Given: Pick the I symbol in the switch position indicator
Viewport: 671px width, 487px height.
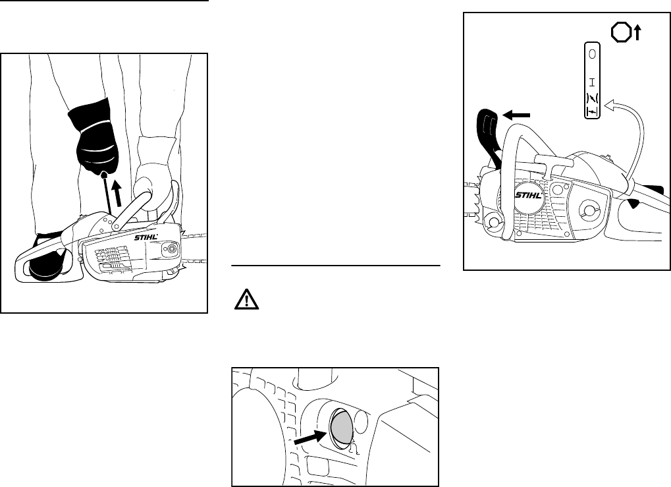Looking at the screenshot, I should (593, 82).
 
